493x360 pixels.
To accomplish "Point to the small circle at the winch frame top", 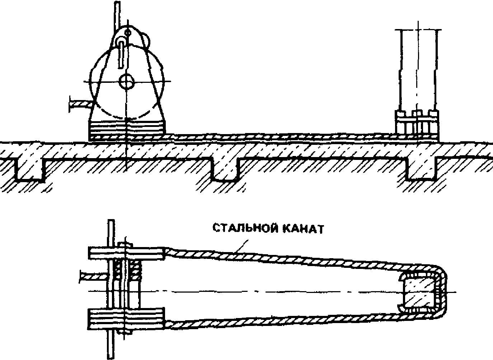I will coord(127,33).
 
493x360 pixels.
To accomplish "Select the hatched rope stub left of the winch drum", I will coord(80,104).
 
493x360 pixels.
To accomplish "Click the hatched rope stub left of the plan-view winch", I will coord(92,276).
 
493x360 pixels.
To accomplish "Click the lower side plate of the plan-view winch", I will coord(127,318).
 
